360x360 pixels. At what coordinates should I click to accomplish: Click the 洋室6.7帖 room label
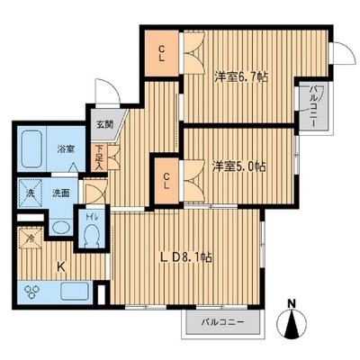point(241,77)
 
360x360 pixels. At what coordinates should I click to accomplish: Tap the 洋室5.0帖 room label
point(239,166)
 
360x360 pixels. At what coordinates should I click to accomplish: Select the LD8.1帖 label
point(185,257)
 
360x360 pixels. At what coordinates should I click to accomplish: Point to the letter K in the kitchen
point(61,266)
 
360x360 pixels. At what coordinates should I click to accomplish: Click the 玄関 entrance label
point(104,124)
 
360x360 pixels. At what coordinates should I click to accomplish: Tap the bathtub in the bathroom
point(31,149)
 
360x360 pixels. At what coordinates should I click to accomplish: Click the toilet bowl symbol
point(91,237)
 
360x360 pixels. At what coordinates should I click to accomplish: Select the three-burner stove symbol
point(31,292)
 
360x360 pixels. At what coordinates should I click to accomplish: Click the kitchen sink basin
point(75,292)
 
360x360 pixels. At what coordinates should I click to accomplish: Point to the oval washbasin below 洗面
point(60,227)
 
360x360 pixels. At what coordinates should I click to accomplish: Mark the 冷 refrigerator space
point(30,238)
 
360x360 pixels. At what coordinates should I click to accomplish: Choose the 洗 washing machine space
point(30,193)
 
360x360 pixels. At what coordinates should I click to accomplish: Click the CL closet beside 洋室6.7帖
point(162,53)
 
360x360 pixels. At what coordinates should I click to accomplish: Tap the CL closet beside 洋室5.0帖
point(166,181)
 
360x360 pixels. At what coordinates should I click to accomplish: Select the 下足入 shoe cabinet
point(99,158)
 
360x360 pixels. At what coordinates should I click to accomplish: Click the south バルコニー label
point(222,323)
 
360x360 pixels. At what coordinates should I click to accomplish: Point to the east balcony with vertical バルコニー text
point(313,106)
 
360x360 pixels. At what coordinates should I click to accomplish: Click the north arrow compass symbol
point(292,323)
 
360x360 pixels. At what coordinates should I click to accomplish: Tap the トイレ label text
point(92,218)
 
